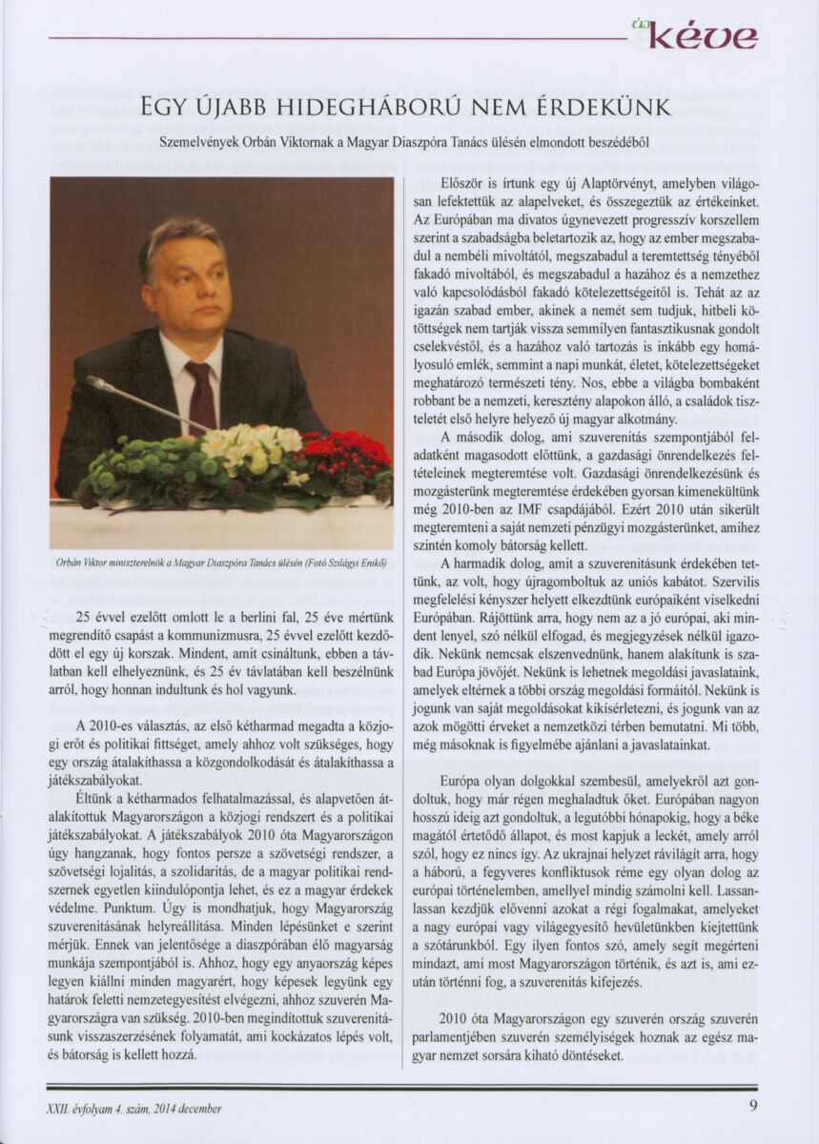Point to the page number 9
[753, 1107]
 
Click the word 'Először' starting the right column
[463, 185]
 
